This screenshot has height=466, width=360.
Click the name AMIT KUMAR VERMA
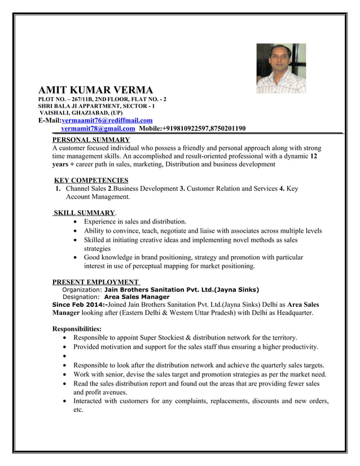[95, 90]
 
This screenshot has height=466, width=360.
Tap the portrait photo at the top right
[280, 68]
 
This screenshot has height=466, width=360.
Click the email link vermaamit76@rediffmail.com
[107, 120]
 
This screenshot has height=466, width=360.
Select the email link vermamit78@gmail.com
[98, 129]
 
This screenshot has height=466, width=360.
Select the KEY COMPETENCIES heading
[91, 180]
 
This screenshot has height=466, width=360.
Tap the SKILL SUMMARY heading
[84, 213]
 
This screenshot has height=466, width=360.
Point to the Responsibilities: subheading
[77, 328]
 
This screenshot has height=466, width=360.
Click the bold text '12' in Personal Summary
[314, 156]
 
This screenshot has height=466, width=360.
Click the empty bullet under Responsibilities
[68, 357]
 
